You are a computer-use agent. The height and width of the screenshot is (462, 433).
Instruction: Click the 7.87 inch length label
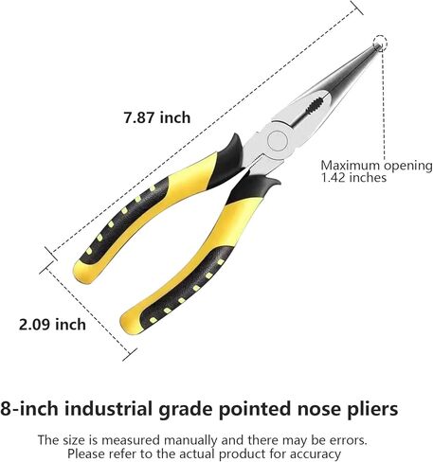click(x=157, y=117)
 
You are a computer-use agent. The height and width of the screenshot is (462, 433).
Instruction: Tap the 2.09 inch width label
click(x=52, y=325)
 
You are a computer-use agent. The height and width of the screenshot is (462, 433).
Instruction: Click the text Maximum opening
click(x=376, y=166)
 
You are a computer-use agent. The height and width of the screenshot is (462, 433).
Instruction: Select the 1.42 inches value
click(x=353, y=177)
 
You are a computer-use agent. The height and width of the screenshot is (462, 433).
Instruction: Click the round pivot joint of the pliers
click(x=277, y=140)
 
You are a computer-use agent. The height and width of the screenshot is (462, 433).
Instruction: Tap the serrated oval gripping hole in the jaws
click(x=314, y=106)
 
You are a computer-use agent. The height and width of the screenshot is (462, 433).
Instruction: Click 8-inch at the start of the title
click(x=29, y=409)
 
